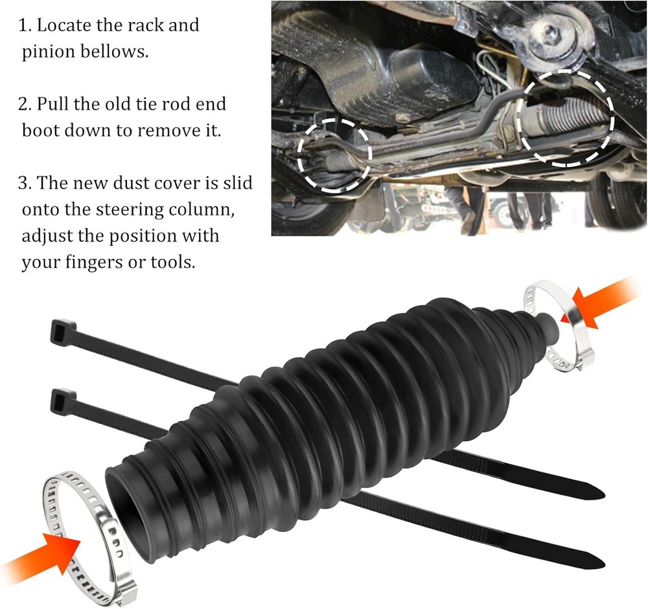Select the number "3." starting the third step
(25, 183)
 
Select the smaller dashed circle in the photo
(334, 155)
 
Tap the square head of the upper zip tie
(63, 332)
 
